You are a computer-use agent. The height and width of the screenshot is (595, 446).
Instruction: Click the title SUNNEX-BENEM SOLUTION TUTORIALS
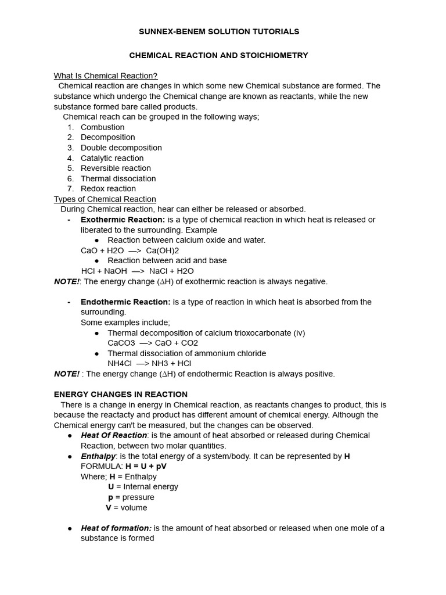(x=219, y=31)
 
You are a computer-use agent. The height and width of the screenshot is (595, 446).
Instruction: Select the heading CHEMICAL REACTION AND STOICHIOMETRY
(x=218, y=55)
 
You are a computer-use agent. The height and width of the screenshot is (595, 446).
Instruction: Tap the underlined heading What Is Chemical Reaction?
(x=106, y=76)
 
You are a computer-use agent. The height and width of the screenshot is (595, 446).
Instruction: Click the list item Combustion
(x=102, y=127)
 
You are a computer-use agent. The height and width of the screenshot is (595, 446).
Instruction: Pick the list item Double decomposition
(x=121, y=148)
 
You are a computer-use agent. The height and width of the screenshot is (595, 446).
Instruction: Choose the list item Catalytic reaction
(x=112, y=158)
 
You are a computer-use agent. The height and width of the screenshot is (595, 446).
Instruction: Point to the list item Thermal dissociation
(x=118, y=178)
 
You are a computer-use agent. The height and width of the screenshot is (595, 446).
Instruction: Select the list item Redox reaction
(x=108, y=188)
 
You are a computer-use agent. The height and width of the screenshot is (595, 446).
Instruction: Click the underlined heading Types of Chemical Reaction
(x=105, y=199)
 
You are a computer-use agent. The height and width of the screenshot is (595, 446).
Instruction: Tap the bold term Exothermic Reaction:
(x=123, y=220)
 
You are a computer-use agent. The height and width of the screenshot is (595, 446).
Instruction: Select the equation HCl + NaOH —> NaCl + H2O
(x=137, y=271)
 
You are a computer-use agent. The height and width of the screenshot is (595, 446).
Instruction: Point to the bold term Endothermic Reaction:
(x=125, y=302)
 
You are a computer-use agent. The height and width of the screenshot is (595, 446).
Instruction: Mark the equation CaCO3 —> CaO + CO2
(x=153, y=343)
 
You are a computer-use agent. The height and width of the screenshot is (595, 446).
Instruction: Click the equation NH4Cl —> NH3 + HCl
(x=149, y=363)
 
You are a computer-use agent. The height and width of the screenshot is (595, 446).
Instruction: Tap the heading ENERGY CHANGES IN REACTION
(x=121, y=394)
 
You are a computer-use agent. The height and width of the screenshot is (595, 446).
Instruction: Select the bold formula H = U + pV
(x=146, y=466)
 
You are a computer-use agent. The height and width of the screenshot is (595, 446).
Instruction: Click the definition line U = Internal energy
(x=143, y=486)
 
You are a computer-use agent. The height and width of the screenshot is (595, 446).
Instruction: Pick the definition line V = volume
(x=126, y=507)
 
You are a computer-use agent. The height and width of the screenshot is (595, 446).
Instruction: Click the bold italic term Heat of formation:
(x=116, y=528)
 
